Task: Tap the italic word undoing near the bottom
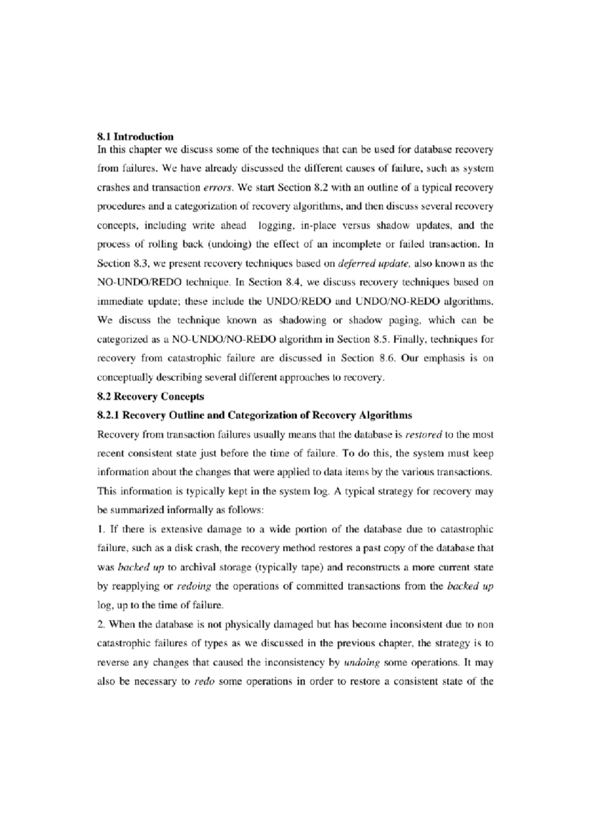tap(361, 663)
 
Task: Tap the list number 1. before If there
tap(101, 530)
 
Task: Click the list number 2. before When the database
tap(101, 625)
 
